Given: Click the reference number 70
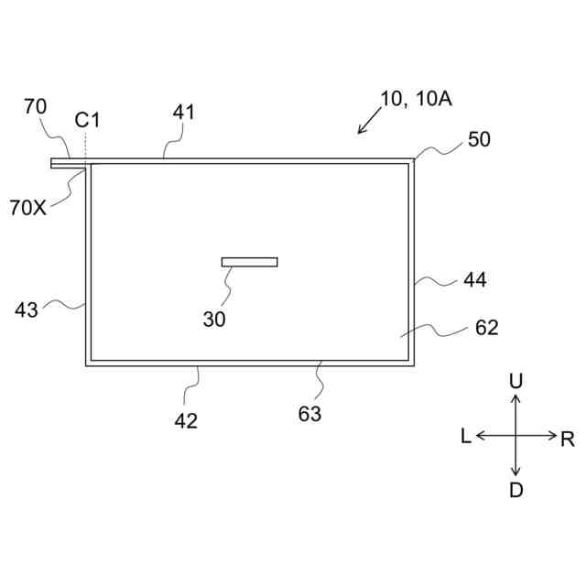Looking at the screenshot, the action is click(35, 107).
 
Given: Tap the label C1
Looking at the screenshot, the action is click(87, 119).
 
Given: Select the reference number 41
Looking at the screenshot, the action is click(184, 112).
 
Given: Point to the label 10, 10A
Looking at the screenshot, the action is click(416, 99).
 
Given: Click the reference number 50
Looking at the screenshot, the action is click(479, 139).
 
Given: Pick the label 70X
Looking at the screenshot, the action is click(28, 207).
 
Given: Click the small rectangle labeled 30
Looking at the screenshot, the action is click(249, 262).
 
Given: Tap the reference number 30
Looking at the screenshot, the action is click(214, 319).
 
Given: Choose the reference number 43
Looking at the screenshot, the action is click(27, 309).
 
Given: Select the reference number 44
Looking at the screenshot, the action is click(475, 279).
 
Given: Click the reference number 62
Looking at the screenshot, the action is click(486, 327).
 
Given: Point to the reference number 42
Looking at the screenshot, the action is click(186, 420).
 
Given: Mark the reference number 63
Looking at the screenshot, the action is click(309, 414).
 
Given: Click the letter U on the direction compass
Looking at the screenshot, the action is click(515, 380).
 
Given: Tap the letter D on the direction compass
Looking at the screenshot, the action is click(515, 490).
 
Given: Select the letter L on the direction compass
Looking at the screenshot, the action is click(465, 437).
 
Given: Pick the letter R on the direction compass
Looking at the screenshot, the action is click(568, 439).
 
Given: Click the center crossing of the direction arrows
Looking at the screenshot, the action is click(515, 436).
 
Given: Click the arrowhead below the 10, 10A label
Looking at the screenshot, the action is click(361, 131).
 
